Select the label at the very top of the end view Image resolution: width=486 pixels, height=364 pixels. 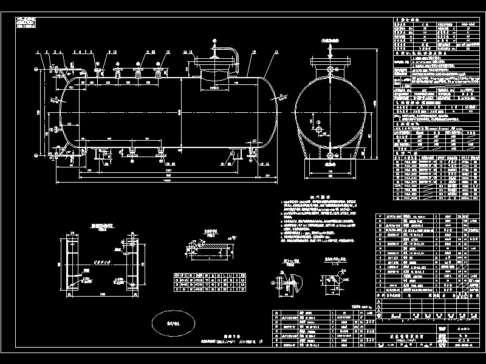click(x=330, y=37)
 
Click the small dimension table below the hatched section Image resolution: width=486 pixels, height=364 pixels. click(x=210, y=282)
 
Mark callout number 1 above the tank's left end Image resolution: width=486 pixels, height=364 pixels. click(x=38, y=52)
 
